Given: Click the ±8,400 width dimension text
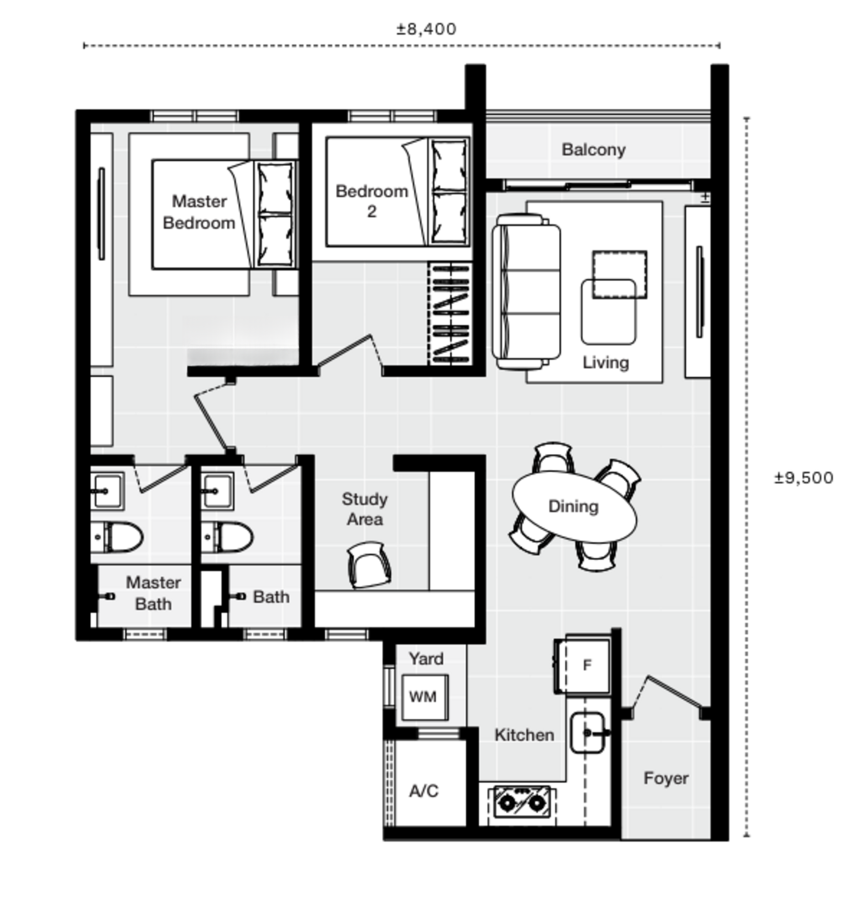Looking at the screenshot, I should pyautogui.click(x=426, y=29).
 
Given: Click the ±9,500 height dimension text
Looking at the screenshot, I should pyautogui.click(x=803, y=478).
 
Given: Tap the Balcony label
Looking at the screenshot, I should pyautogui.click(x=593, y=150).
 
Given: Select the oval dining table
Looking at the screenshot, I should pyautogui.click(x=574, y=506).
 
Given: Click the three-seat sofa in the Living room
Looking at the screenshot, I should pyautogui.click(x=526, y=292).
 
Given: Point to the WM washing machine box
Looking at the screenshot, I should pyautogui.click(x=424, y=697).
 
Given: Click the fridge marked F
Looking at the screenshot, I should pyautogui.click(x=587, y=665).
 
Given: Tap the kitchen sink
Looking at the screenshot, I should pyautogui.click(x=588, y=733).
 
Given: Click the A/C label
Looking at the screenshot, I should pyautogui.click(x=424, y=791).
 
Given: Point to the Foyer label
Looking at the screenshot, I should pyautogui.click(x=665, y=778).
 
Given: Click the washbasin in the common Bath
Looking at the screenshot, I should pyautogui.click(x=217, y=491).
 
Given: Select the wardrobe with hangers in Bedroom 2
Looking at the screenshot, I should pyautogui.click(x=450, y=314).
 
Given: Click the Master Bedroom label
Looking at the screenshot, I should pyautogui.click(x=199, y=212).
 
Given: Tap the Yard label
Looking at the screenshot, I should pyautogui.click(x=425, y=658).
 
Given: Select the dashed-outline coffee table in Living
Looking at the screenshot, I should pyautogui.click(x=619, y=274).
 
